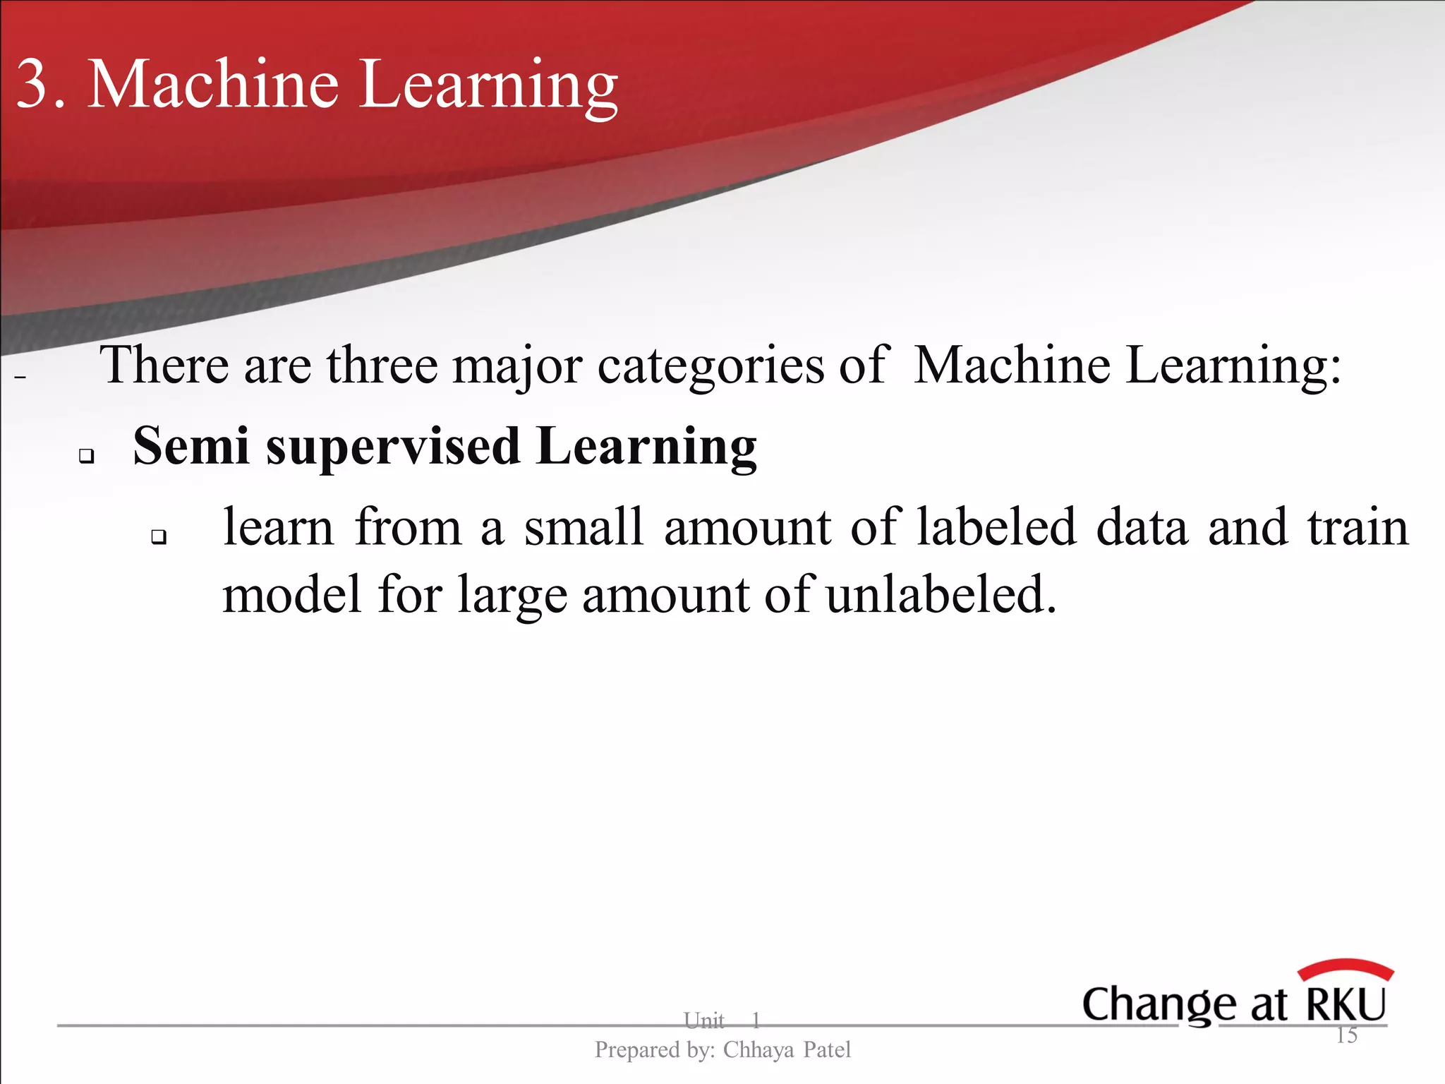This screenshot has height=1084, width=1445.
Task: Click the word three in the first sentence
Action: pos(382,366)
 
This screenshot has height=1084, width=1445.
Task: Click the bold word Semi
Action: pos(191,446)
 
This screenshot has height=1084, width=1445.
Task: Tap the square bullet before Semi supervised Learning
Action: pos(86,456)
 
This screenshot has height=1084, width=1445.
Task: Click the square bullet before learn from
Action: pos(159,537)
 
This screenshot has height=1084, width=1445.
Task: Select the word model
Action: pos(292,594)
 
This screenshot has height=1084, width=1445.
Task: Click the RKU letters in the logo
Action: pos(1346,1004)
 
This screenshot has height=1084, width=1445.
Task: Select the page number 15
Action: pos(1346,1035)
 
